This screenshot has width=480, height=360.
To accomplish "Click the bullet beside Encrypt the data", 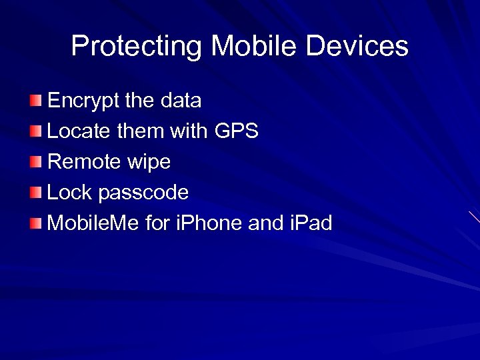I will pyautogui.click(x=35, y=101).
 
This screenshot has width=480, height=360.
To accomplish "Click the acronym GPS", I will pyautogui.click(x=237, y=131).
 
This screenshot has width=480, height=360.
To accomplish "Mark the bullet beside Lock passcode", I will pyautogui.click(x=35, y=193).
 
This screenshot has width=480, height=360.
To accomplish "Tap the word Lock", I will pyautogui.click(x=70, y=193).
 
